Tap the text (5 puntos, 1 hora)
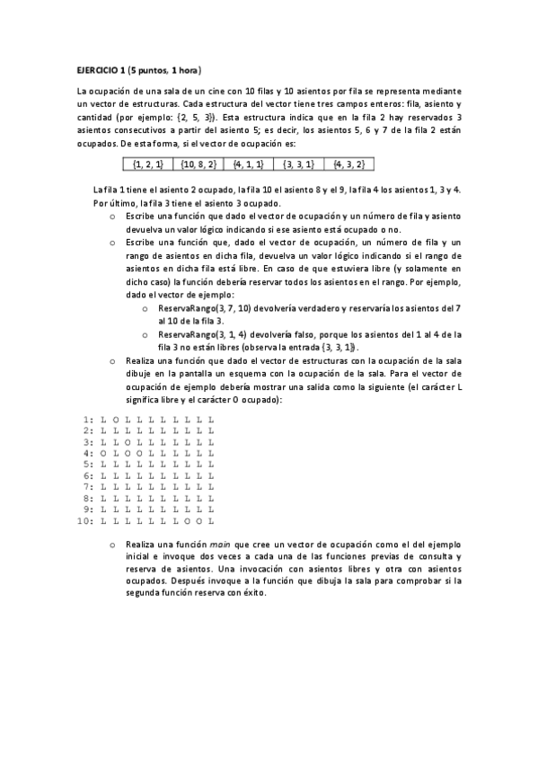[165, 69]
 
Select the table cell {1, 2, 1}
[147, 164]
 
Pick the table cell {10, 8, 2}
[198, 164]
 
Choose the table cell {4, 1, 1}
[248, 164]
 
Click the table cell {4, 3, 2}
[348, 164]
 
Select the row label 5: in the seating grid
[88, 465]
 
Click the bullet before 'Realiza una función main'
[112, 545]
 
